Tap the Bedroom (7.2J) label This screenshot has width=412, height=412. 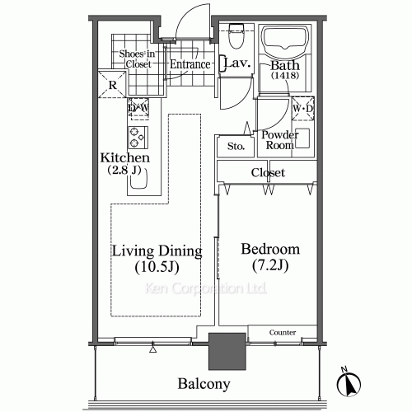[270, 257]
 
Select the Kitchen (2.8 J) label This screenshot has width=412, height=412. [124, 164]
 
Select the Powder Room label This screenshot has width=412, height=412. [279, 140]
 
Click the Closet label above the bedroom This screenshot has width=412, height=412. [268, 173]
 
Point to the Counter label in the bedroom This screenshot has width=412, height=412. [283, 332]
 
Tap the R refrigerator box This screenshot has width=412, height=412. [110, 85]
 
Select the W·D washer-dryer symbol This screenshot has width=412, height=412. [302, 108]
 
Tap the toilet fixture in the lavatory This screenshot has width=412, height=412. [235, 37]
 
